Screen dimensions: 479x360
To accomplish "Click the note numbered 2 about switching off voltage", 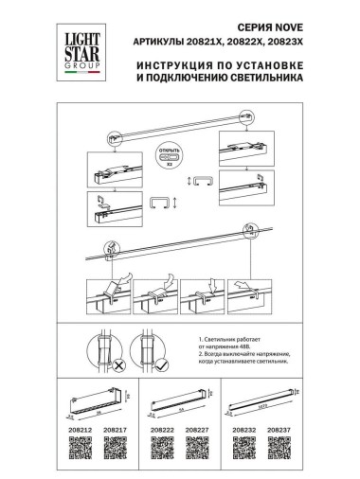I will pyautogui.click(x=250, y=366).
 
